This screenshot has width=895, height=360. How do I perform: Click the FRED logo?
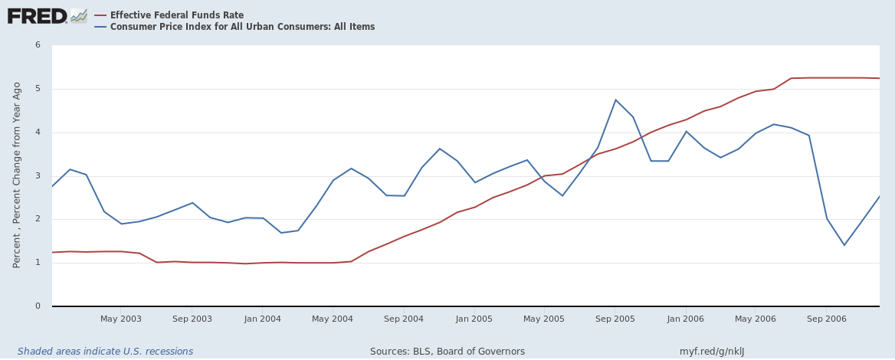[x=37, y=15]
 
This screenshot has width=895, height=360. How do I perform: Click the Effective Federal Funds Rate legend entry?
[x=176, y=15]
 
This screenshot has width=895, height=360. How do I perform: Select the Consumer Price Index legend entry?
[x=242, y=27]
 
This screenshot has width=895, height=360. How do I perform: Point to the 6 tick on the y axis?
[x=38, y=45]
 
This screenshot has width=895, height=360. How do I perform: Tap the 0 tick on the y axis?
[x=38, y=306]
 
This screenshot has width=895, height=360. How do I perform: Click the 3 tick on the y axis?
[x=38, y=176]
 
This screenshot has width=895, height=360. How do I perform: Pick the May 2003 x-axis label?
[x=121, y=319]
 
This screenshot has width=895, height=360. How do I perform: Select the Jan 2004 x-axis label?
[x=263, y=319]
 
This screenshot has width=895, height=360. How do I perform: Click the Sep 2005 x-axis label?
[x=615, y=319]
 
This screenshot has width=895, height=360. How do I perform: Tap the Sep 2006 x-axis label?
[x=827, y=319]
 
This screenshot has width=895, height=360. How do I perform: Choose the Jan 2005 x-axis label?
[x=474, y=319]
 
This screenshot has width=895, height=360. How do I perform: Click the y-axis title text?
[x=17, y=175]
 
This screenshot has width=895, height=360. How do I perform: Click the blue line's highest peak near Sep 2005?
[x=615, y=100]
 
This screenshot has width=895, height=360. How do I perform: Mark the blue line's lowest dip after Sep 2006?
[x=844, y=245]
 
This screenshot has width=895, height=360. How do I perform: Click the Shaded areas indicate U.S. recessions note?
[x=105, y=352]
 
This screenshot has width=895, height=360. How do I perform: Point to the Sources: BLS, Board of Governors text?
[x=447, y=352]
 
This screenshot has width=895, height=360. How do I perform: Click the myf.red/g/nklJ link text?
[x=711, y=352]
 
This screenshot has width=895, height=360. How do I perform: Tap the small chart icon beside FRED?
[x=79, y=15]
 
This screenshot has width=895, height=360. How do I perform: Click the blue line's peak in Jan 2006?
[x=686, y=131]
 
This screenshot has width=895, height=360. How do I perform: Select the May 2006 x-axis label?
[x=756, y=319]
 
